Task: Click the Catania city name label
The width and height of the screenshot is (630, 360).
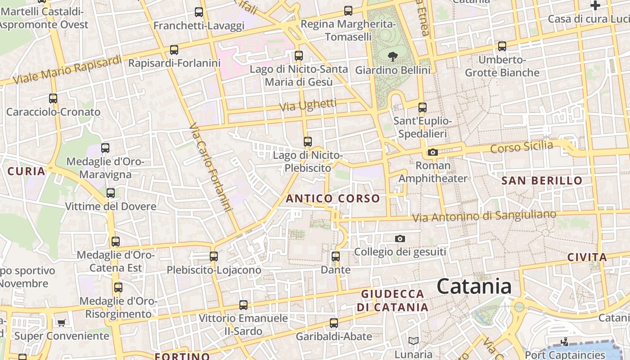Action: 474,286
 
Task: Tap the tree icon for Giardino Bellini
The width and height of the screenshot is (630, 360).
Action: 393,56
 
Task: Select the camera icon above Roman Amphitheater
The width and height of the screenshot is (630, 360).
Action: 433,153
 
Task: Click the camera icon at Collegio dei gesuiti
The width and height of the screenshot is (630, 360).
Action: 400,238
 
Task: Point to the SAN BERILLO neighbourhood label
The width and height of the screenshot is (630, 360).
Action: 542,181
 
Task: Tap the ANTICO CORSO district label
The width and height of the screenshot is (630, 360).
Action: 333,198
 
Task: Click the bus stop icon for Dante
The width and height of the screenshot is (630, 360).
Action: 336,256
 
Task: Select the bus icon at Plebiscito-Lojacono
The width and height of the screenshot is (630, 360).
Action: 214,256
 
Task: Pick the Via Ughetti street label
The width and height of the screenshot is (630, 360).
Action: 308,106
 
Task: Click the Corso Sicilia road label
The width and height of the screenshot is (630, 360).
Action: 522,147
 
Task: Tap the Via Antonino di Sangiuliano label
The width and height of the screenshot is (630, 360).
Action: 484,216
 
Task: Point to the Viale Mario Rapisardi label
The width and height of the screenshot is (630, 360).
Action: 67,70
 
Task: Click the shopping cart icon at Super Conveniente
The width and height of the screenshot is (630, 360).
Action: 61,323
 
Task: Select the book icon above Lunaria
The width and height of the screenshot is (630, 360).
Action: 413,341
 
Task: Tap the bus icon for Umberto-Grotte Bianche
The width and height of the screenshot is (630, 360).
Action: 502,46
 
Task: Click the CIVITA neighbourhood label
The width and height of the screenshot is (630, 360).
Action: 587,257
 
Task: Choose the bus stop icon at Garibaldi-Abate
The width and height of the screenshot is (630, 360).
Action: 334,323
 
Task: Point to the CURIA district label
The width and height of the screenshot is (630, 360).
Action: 27,171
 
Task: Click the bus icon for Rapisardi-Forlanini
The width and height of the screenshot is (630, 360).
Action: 174,50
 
